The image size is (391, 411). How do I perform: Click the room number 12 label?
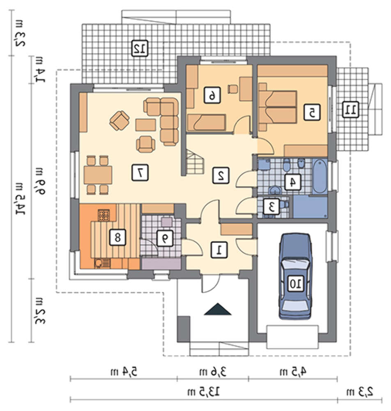(x=140, y=48)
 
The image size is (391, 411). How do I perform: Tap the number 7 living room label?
(x=140, y=173)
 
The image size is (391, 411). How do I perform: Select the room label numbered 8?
(x=117, y=238)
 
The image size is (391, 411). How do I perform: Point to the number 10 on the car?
(x=296, y=283)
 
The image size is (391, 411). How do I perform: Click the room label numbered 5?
(x=312, y=113)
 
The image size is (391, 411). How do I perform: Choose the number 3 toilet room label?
(x=271, y=207)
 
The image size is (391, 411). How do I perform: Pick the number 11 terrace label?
(x=351, y=110)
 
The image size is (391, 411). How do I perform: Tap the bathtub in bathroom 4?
(x=320, y=176)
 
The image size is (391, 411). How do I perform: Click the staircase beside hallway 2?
(x=195, y=162)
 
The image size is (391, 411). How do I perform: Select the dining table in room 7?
(x=98, y=175)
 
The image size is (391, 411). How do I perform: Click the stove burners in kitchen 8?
(x=104, y=215)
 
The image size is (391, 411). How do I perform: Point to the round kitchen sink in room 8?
(x=99, y=263)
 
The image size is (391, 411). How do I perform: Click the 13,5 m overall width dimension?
(x=203, y=392)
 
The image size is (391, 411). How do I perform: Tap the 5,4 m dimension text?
(x=124, y=372)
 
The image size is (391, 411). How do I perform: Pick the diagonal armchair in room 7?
(x=120, y=120)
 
